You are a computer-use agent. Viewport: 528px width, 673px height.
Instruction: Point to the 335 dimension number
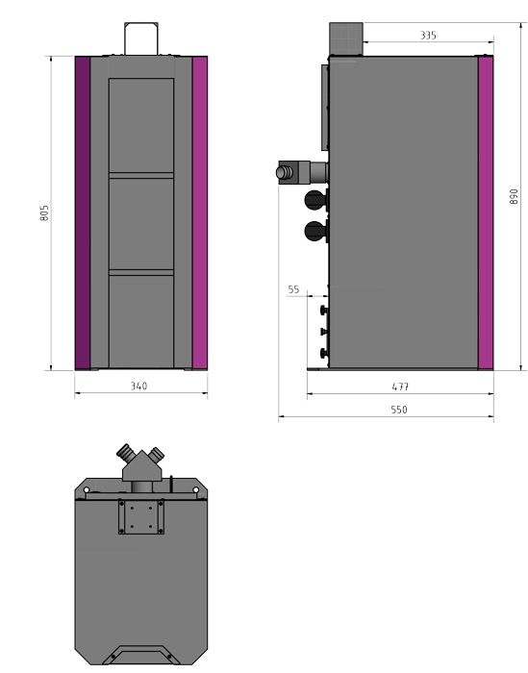tap(428, 35)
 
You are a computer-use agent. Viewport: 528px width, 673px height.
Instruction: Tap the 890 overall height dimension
tap(515, 196)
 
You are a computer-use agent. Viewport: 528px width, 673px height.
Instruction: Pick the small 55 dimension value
tap(293, 288)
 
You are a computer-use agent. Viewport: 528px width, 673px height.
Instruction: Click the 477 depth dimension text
tap(400, 386)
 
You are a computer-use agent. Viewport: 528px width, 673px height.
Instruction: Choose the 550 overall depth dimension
tap(399, 410)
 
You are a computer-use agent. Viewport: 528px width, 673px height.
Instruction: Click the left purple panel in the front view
tap(83, 212)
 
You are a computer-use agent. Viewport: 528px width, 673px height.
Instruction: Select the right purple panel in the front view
tap(200, 212)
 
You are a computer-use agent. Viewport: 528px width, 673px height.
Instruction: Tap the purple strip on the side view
tap(486, 212)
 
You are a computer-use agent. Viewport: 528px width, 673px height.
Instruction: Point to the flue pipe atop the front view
tap(141, 37)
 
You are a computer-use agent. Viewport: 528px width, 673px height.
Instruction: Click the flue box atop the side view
tap(344, 37)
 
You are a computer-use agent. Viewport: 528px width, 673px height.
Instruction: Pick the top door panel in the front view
tap(141, 125)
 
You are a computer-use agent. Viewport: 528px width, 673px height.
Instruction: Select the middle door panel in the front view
tap(141, 224)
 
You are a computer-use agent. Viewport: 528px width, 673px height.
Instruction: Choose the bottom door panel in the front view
tap(141, 320)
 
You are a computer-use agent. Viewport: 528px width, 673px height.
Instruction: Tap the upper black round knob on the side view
tap(314, 200)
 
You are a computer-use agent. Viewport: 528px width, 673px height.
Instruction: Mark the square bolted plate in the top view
tap(141, 515)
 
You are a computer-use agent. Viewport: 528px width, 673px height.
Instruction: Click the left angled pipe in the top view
tap(125, 453)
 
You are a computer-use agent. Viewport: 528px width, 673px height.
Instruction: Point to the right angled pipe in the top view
tap(158, 453)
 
